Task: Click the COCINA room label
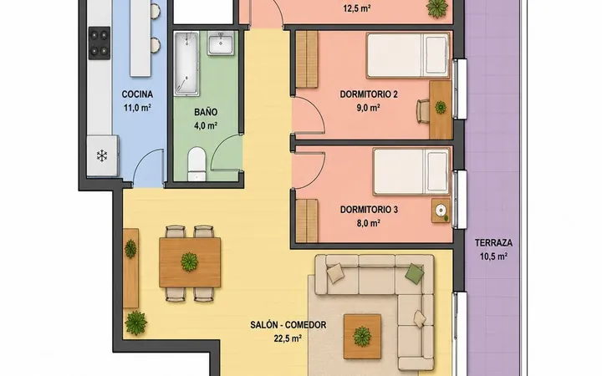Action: [137, 94]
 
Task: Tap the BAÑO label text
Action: [206, 113]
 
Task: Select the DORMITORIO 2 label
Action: [369, 94]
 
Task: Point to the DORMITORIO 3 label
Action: [369, 210]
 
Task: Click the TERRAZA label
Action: [494, 243]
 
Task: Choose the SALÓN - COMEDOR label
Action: [288, 325]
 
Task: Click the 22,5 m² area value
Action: [288, 338]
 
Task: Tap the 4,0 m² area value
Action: [206, 126]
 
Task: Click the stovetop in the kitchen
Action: [99, 43]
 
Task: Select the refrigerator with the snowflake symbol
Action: [102, 155]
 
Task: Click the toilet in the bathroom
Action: [197, 164]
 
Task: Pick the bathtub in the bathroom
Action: [186, 64]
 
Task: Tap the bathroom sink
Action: [221, 43]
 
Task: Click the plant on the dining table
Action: [189, 262]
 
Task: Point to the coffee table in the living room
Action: [362, 337]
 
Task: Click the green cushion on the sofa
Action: [415, 273]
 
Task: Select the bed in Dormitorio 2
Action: [408, 56]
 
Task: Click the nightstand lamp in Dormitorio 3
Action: [441, 210]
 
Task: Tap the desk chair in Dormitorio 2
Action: [423, 111]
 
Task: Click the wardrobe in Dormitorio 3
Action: [307, 221]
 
